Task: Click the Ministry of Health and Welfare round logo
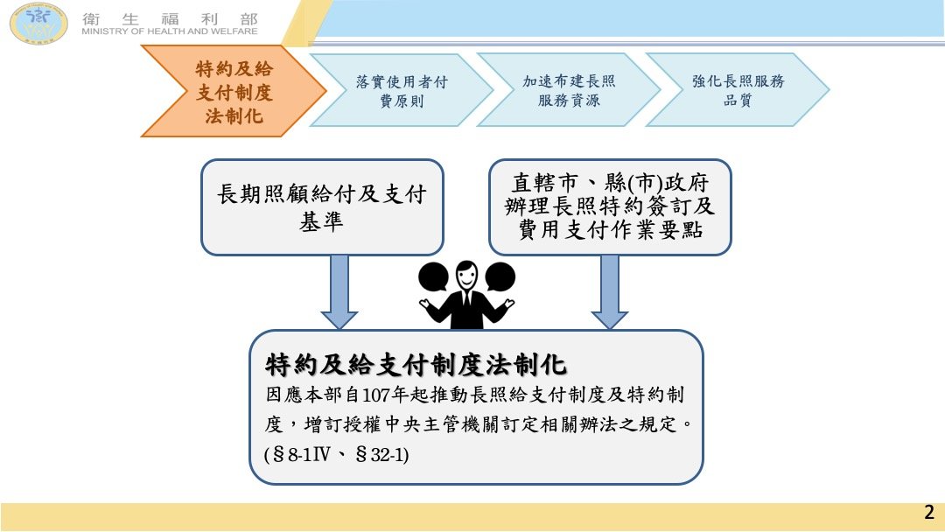[38, 23]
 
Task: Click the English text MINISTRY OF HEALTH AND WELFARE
[170, 31]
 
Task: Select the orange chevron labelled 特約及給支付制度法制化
[234, 91]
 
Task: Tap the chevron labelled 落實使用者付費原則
[402, 90]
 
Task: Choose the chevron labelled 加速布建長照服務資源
[569, 90]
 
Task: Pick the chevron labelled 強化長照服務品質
[738, 90]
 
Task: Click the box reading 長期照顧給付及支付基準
[322, 207]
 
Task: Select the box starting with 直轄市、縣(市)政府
[610, 207]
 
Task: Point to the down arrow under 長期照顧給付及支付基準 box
[339, 291]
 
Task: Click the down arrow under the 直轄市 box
[609, 291]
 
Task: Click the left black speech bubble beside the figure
[433, 277]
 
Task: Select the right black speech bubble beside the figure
[500, 277]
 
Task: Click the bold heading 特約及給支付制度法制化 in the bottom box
[416, 365]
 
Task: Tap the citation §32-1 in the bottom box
[379, 453]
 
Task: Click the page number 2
[928, 512]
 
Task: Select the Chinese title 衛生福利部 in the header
[170, 18]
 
